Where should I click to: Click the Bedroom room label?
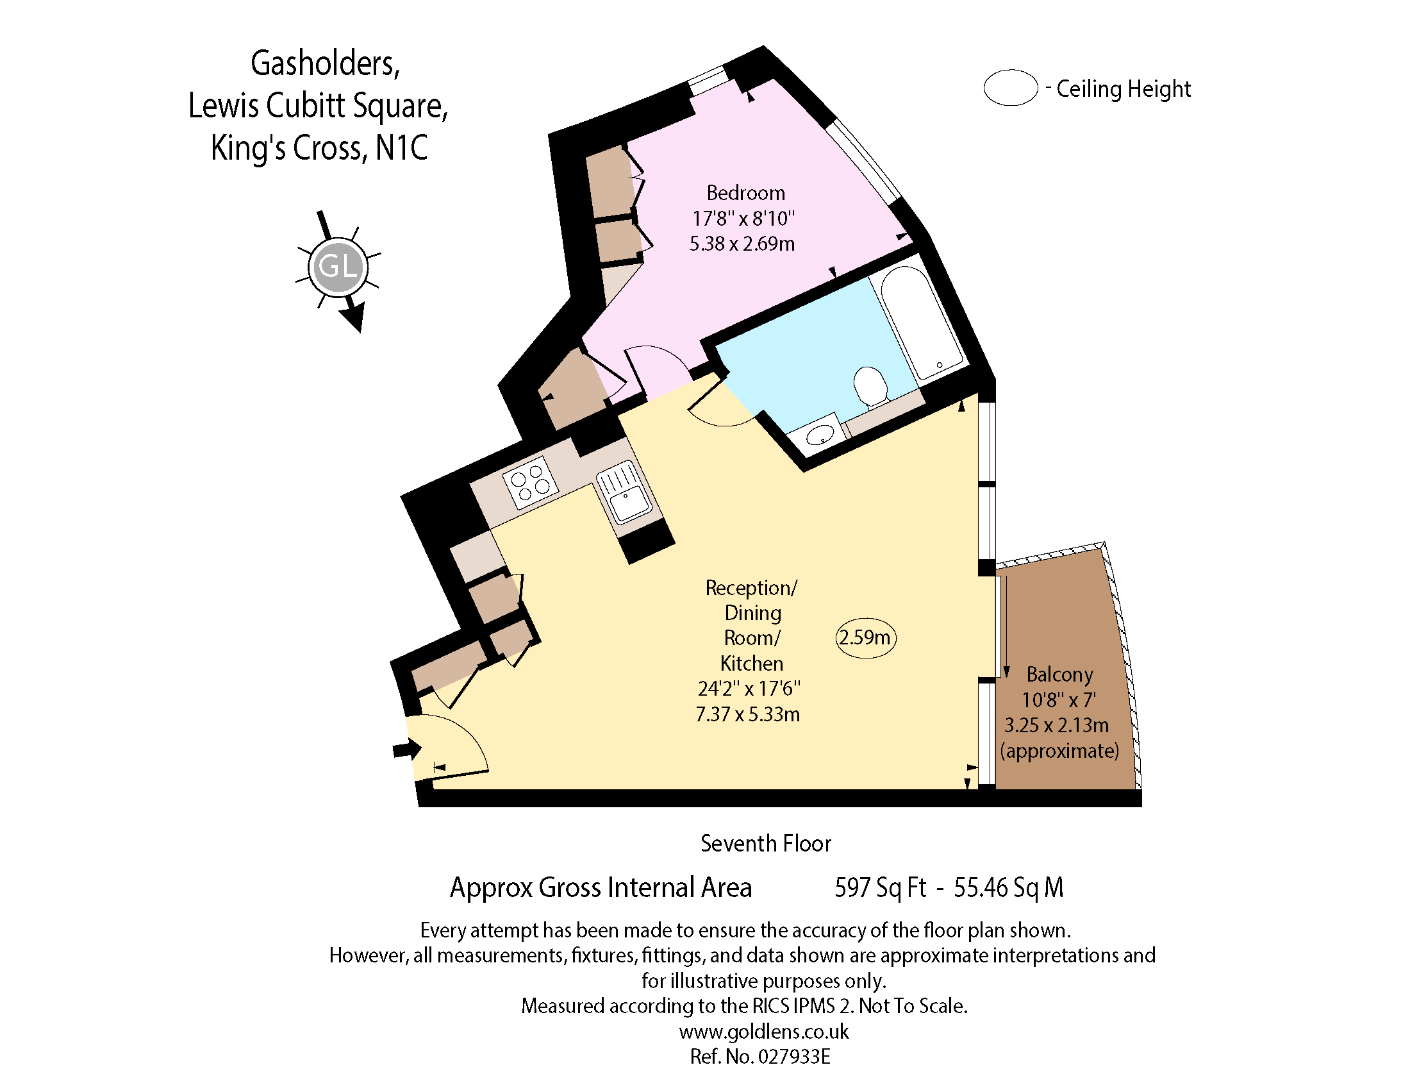click(x=745, y=193)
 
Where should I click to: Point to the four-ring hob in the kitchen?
click(x=530, y=482)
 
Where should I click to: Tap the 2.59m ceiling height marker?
click(x=865, y=638)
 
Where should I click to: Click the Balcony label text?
click(x=1059, y=674)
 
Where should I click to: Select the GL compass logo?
click(x=338, y=267)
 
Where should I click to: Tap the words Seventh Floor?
click(x=766, y=844)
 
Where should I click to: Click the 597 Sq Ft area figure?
click(x=880, y=888)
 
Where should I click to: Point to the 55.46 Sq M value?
click(x=1008, y=888)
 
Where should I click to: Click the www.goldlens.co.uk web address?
click(x=764, y=1032)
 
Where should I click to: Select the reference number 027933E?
click(x=793, y=1057)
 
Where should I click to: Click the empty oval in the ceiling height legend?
click(x=1010, y=88)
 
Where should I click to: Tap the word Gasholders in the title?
click(x=325, y=64)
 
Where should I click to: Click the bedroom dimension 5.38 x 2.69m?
click(x=742, y=244)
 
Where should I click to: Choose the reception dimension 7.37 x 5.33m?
click(x=747, y=714)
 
